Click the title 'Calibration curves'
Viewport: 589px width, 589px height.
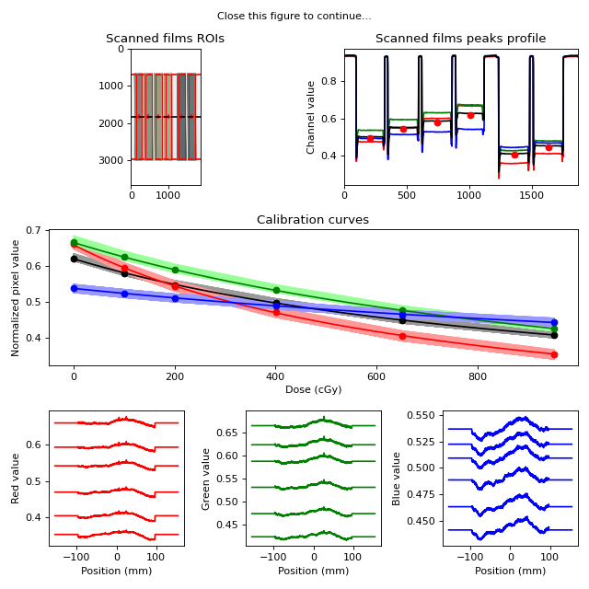tap(313, 219)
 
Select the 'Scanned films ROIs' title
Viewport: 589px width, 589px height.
tap(165, 39)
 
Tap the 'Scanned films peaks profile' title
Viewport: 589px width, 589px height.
tap(460, 39)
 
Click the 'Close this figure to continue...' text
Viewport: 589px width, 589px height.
tap(294, 17)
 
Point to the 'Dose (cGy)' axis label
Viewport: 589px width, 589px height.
tap(313, 389)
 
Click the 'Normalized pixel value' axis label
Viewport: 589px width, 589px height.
tap(15, 298)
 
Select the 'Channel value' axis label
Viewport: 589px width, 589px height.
tap(310, 118)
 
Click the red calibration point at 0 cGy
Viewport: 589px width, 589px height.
tap(74, 244)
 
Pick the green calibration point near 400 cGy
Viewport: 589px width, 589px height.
tap(276, 291)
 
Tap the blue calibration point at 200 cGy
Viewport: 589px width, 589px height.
tap(175, 298)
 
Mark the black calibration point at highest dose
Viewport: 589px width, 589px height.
tap(554, 335)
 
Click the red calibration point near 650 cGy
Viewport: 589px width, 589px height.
tap(402, 336)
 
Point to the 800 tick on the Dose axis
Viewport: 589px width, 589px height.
tap(478, 376)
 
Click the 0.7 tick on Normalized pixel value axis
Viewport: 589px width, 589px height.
tap(33, 230)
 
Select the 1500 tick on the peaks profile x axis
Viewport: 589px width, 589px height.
tap(532, 195)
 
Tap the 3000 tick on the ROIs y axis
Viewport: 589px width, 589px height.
tap(110, 160)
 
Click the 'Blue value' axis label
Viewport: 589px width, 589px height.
tap(396, 479)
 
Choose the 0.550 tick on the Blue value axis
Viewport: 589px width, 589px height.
tap(422, 415)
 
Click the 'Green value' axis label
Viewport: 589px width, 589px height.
tap(205, 479)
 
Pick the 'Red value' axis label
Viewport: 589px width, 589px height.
tap(15, 479)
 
